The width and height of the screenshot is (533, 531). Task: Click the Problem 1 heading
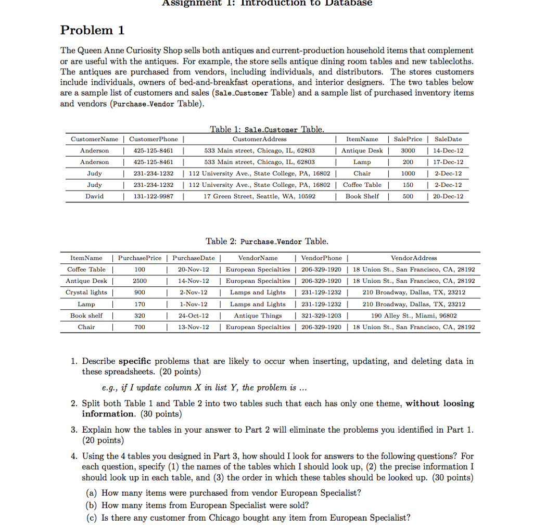coord(92,30)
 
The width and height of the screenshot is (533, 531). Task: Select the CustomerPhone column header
coord(154,139)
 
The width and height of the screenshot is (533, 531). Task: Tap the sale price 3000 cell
coord(408,150)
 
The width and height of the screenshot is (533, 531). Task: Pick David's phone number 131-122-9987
coord(154,196)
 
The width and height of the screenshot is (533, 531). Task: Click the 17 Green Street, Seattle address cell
coord(259,196)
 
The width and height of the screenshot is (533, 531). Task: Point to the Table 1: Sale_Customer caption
coord(266,129)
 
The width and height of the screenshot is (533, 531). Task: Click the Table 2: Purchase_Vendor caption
coord(267,242)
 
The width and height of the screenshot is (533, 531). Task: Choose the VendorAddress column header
coord(414,258)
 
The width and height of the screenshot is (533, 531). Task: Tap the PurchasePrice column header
coord(139,258)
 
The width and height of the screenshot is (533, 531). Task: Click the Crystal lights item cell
coord(84,293)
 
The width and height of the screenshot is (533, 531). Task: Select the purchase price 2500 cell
coord(139,281)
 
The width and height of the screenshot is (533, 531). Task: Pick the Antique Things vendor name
coord(258,315)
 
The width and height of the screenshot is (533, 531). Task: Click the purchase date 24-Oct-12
coord(193,315)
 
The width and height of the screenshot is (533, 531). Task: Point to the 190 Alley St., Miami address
coord(414,315)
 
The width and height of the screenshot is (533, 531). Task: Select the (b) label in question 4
coord(92,505)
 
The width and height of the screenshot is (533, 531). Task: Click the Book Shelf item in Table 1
coord(362,196)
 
